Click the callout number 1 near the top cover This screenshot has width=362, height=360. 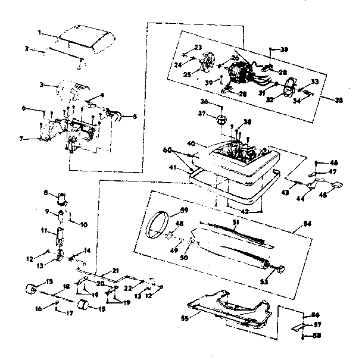click(39, 32)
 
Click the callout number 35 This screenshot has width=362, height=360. click(339, 101)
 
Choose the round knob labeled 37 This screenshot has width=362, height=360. click(221, 120)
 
